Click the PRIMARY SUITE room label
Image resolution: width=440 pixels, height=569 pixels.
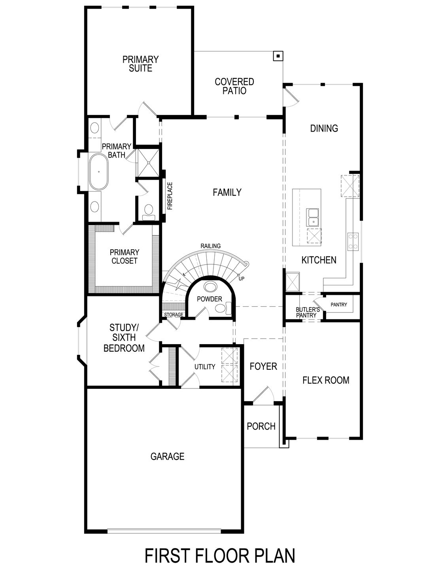click(x=140, y=64)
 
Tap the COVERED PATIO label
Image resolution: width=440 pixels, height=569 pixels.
click(x=234, y=87)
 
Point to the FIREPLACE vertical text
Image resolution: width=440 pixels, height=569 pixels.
click(x=170, y=196)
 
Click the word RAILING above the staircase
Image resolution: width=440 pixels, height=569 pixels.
click(x=210, y=246)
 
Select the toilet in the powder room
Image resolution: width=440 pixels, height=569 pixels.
click(x=228, y=308)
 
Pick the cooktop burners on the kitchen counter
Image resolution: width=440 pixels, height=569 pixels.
click(x=353, y=241)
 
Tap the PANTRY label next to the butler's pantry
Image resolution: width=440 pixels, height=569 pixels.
click(x=339, y=305)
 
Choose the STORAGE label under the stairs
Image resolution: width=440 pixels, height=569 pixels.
click(x=174, y=315)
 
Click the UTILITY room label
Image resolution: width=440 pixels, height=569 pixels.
click(x=205, y=367)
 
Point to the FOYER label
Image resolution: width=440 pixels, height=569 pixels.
click(x=263, y=366)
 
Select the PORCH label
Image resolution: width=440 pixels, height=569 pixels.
click(x=261, y=426)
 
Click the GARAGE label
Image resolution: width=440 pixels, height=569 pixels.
click(x=167, y=456)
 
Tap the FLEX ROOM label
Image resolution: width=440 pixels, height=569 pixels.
click(x=326, y=380)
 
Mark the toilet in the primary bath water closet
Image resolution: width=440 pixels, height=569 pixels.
click(x=148, y=211)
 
